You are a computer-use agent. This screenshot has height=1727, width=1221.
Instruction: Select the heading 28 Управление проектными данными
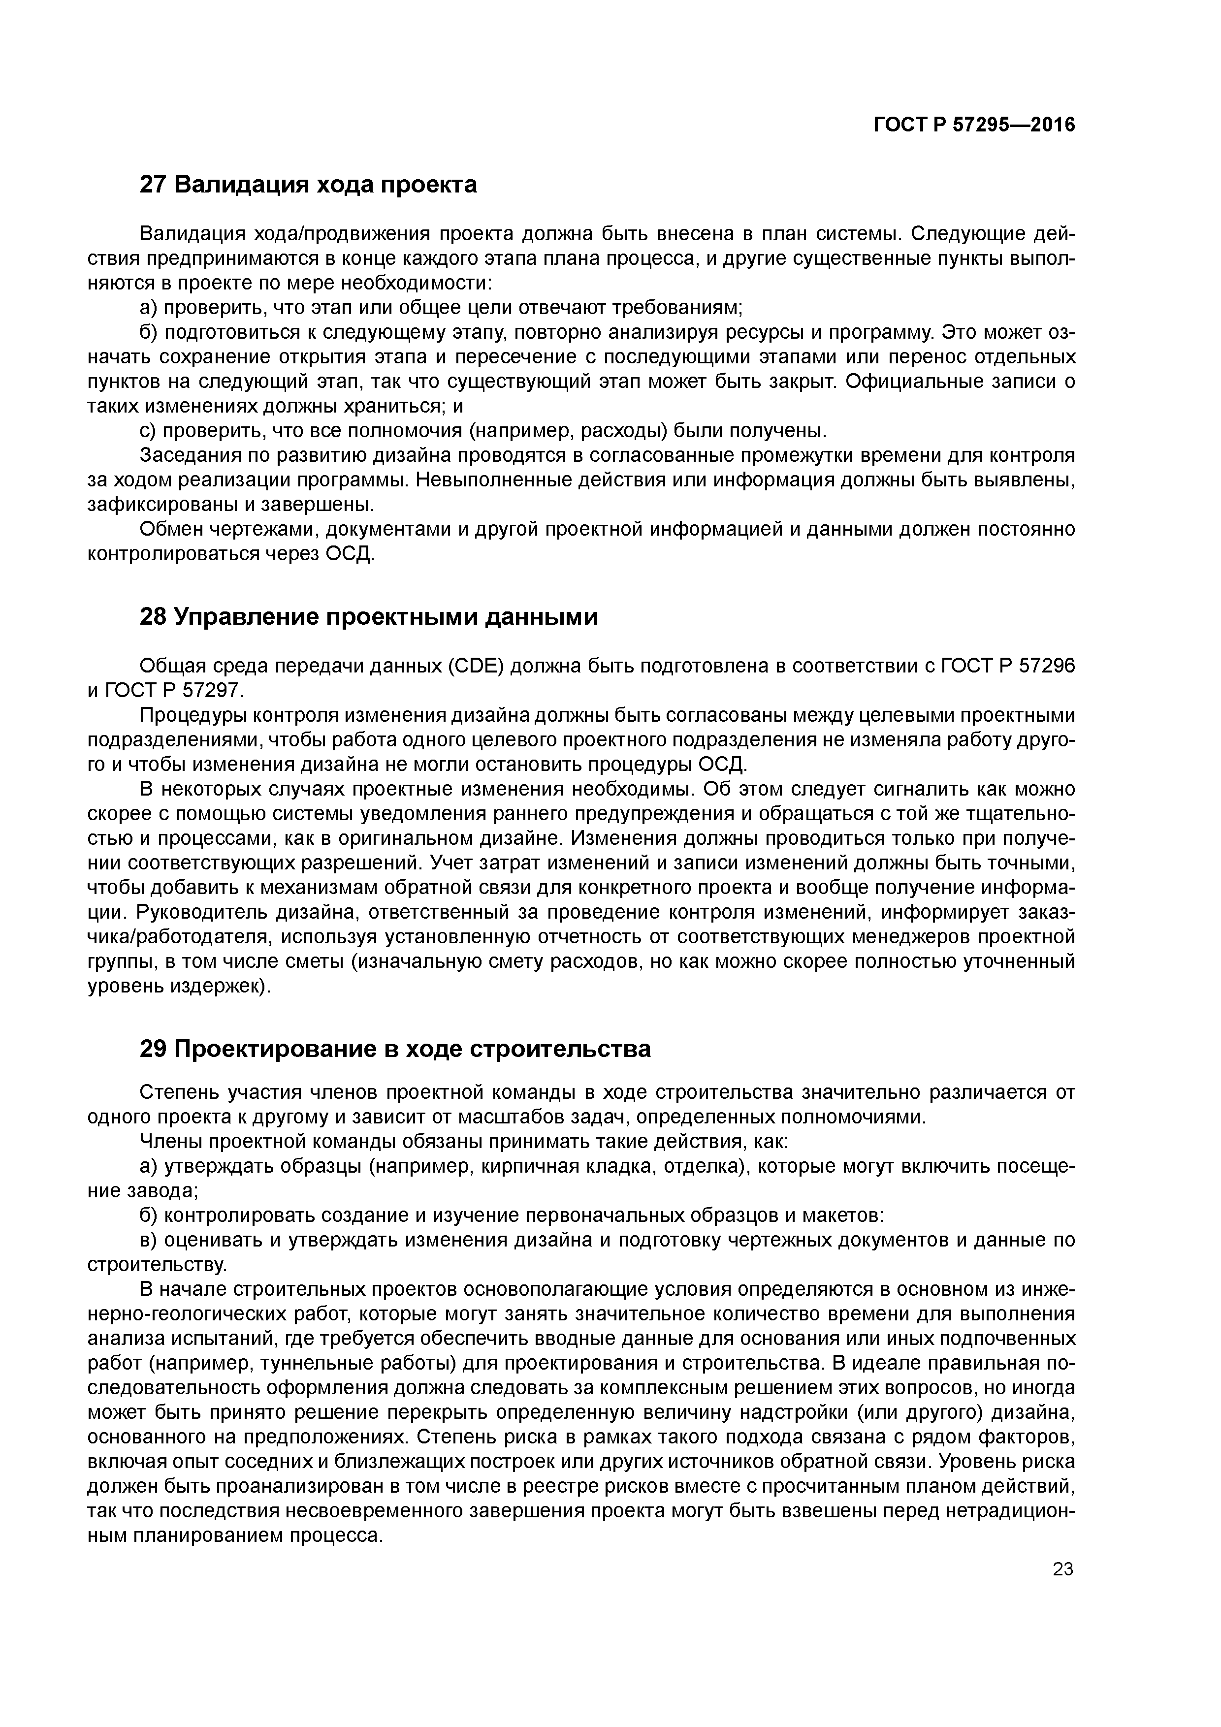click(x=369, y=617)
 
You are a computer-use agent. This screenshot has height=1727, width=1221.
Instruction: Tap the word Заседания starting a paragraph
click(x=187, y=456)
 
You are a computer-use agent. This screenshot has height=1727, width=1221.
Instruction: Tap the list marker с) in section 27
click(x=148, y=431)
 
